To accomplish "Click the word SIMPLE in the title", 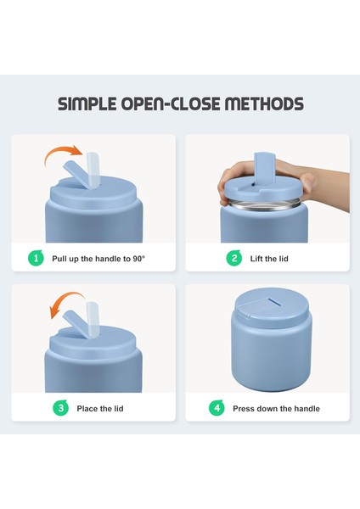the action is tap(87, 103).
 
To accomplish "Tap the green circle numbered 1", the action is tap(36, 259).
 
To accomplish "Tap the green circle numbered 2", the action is tap(234, 259).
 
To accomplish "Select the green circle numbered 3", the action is tap(61, 408).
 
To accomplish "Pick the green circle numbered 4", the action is tap(217, 408).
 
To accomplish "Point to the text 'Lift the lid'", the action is tap(269, 259).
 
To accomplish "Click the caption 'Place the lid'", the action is tap(100, 408).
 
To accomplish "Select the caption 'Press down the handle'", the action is tap(276, 408).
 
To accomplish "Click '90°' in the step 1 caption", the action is tap(138, 259).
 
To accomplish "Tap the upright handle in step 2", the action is tap(264, 166).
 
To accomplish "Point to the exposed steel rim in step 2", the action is tap(264, 205).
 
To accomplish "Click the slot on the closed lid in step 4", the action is tap(273, 301).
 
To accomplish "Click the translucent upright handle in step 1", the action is tap(93, 170).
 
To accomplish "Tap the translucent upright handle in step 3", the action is tap(93, 320).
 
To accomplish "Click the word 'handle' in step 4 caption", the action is tap(307, 408).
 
